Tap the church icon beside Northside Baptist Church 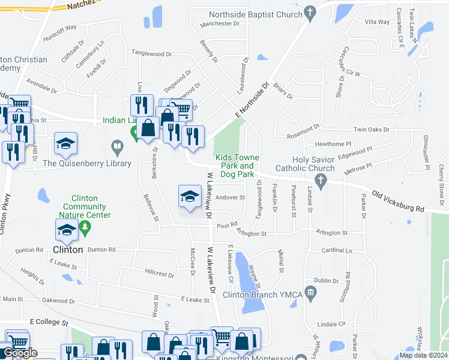point(310,11)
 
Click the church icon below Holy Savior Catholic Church point(321,180)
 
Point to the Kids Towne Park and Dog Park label point(237,166)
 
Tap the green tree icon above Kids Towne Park point(262,57)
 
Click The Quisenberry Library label point(87,163)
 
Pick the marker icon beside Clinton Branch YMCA point(310,293)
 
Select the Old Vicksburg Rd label point(398,202)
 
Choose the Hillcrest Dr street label point(159,275)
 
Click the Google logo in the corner point(20,353)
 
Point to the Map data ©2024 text point(423,355)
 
